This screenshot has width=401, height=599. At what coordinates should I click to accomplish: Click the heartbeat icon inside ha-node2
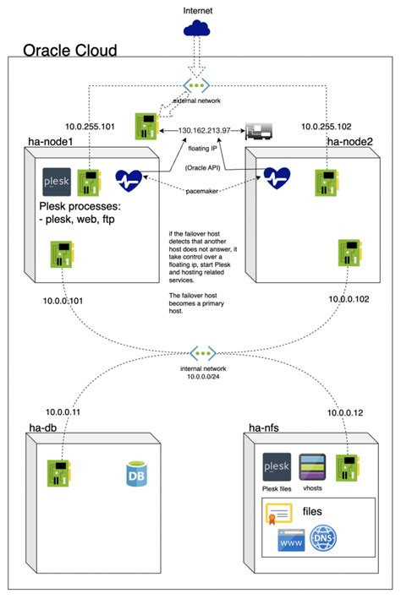click(x=277, y=177)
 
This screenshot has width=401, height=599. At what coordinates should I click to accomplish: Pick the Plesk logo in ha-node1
click(x=57, y=182)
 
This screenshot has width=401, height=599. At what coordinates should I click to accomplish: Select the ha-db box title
click(x=40, y=432)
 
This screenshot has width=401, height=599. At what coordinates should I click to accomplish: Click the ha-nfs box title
click(x=265, y=432)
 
